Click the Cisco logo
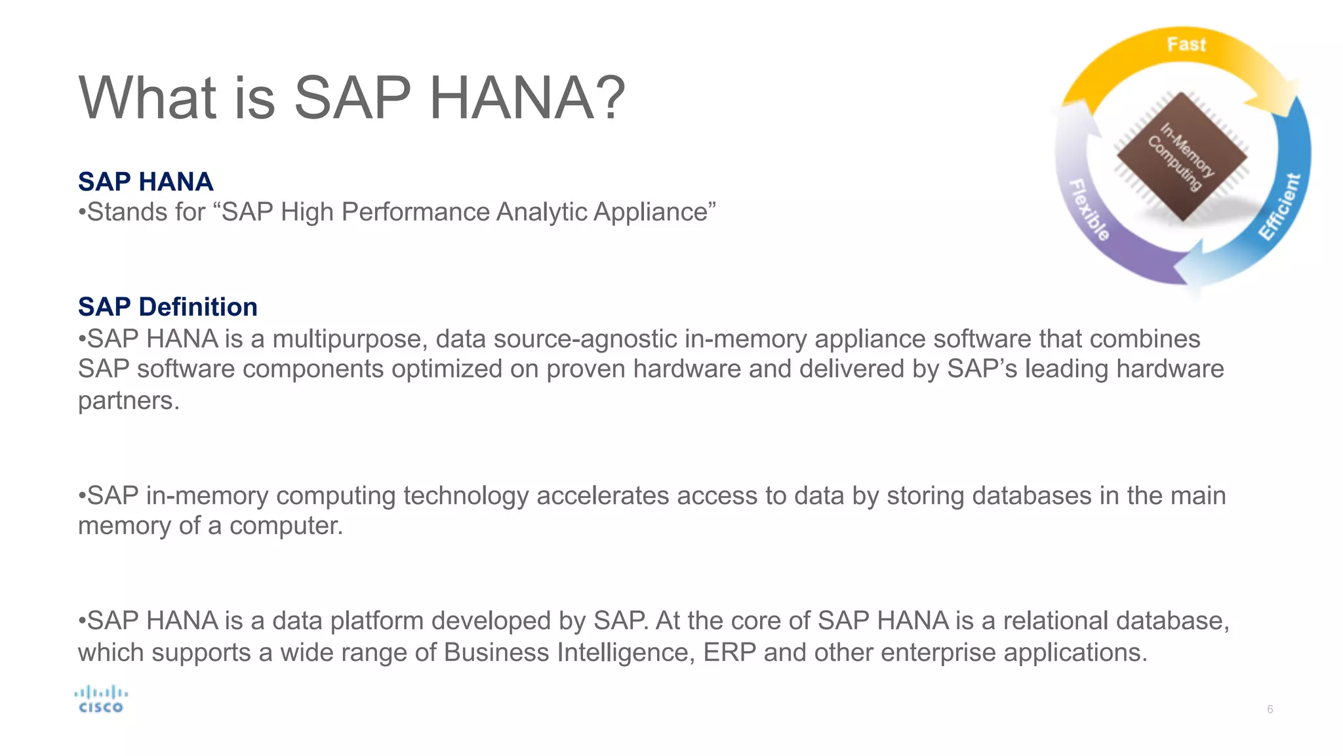pos(100,700)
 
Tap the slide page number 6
pos(1270,709)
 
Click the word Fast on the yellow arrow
pos(1186,45)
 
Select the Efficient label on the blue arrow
pos(1279,207)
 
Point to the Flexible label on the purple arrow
pos(1090,209)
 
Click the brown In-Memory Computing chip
pos(1182,156)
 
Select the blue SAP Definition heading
pos(168,306)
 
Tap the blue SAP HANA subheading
pos(146,181)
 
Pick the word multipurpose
pos(350,339)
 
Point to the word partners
pos(129,401)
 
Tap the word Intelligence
pos(626,652)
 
